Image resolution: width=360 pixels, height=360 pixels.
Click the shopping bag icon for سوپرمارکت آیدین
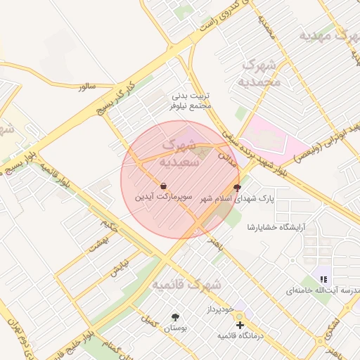pos(164,186)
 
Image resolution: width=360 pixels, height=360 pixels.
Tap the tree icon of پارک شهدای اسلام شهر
pos(237,188)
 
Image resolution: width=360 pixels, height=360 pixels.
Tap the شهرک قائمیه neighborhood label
pos(186,285)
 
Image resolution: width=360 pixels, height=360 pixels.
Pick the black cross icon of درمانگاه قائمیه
pos(240,326)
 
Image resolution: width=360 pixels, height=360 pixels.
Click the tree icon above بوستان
pos(174,317)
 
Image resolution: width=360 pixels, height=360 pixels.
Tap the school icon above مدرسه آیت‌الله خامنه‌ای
pos(323,279)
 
